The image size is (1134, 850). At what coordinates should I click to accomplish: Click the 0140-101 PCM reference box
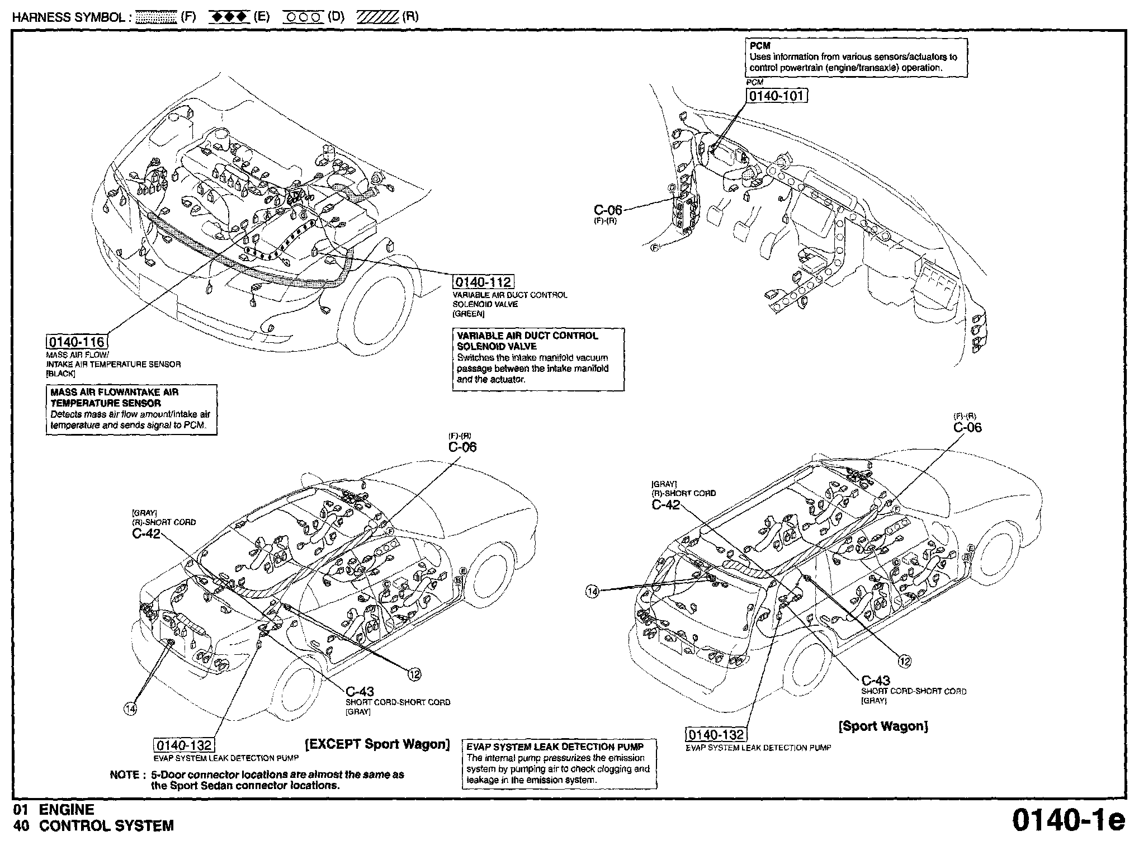pyautogui.click(x=777, y=96)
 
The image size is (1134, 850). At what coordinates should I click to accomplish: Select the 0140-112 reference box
pyautogui.click(x=483, y=281)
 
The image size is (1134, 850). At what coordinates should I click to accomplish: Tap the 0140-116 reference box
pyautogui.click(x=77, y=341)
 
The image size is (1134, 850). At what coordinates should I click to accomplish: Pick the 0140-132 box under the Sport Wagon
pyautogui.click(x=716, y=734)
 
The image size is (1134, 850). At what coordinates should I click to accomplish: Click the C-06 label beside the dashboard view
pyautogui.click(x=608, y=210)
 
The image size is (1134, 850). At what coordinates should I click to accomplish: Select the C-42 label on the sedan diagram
pyautogui.click(x=147, y=533)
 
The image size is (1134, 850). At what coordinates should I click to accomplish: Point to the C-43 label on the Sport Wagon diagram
pyautogui.click(x=876, y=681)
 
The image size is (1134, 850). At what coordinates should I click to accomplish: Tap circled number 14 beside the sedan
pyautogui.click(x=130, y=709)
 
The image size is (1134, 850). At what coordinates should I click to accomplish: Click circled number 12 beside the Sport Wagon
pyautogui.click(x=904, y=662)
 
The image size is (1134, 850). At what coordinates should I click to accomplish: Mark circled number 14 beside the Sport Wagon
pyautogui.click(x=593, y=591)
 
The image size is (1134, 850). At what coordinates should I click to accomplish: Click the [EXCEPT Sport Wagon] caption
pyautogui.click(x=377, y=744)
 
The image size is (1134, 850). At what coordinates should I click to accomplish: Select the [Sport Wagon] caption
pyautogui.click(x=883, y=726)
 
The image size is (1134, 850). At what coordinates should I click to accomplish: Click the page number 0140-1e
pyautogui.click(x=1068, y=820)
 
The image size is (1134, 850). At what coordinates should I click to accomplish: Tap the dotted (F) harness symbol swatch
pyautogui.click(x=157, y=17)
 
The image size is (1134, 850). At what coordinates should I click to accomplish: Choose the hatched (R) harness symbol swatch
pyautogui.click(x=377, y=17)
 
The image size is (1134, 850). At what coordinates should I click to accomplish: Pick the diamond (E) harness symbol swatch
pyautogui.click(x=229, y=17)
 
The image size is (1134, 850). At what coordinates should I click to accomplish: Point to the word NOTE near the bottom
pyautogui.click(x=125, y=775)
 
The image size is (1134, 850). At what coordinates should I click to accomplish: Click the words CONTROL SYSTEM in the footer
pyautogui.click(x=106, y=825)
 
